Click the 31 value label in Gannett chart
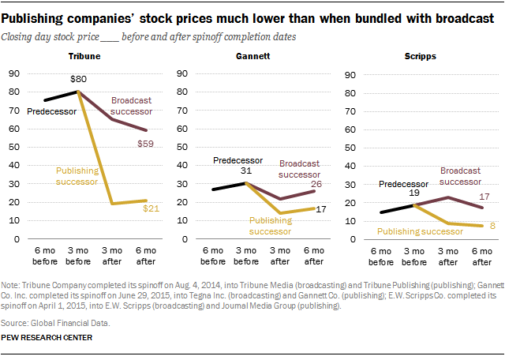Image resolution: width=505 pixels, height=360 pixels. tap(247, 172)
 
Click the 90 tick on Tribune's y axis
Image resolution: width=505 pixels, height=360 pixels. tap(13, 75)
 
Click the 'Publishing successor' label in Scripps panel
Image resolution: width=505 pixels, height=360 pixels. tap(421, 232)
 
